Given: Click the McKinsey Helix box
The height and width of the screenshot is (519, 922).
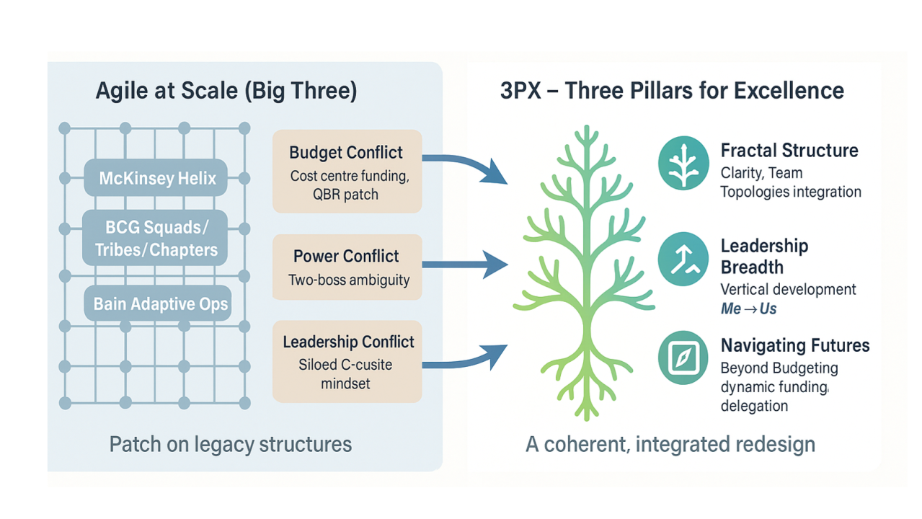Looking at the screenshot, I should point(156,178).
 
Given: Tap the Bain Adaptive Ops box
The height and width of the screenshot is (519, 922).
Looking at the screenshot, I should point(160,304).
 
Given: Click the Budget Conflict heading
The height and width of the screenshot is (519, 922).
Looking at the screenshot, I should point(346,153).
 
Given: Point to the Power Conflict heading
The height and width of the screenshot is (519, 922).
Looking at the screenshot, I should point(346,257).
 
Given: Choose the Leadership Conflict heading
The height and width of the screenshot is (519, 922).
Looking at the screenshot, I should point(348,342).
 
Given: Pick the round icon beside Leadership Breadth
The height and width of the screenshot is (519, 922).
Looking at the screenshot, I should point(683,259).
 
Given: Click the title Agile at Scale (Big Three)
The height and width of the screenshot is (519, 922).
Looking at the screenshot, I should point(226,92).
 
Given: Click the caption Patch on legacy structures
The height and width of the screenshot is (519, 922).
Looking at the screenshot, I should point(230,443).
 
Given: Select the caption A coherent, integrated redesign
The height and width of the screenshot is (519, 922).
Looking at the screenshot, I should point(670,443).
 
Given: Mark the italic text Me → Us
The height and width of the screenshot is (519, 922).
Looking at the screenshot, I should point(748,309).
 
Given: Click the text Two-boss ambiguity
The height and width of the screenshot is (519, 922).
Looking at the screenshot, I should point(348,280).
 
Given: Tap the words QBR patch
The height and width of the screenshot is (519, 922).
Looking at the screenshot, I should point(346,195).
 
